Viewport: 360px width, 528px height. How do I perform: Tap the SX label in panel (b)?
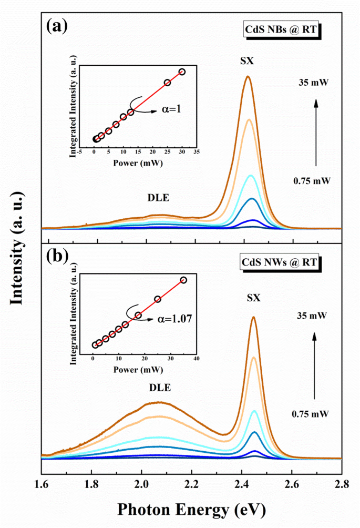pyautogui.click(x=253, y=298)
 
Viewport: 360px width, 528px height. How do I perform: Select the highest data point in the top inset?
pyautogui.click(x=182, y=72)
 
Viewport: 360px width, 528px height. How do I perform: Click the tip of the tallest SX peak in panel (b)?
pyautogui.click(x=254, y=317)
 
